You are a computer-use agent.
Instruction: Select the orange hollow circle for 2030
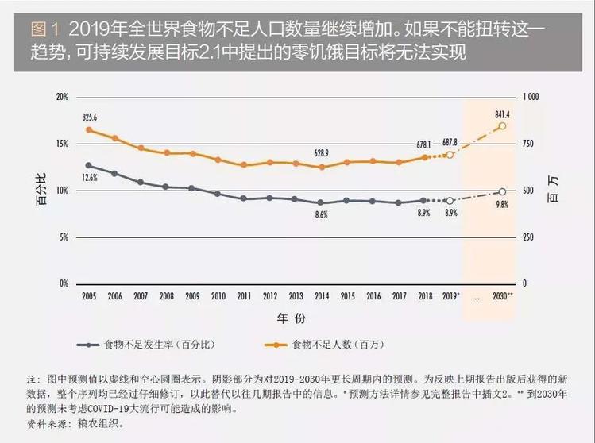pyautogui.click(x=502, y=126)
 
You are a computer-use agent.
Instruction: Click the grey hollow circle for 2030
pyautogui.click(x=502, y=192)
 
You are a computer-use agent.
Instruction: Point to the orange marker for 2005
pyautogui.click(x=89, y=129)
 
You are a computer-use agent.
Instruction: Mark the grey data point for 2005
pyautogui.click(x=89, y=165)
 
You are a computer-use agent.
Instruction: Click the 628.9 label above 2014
pyautogui.click(x=322, y=152)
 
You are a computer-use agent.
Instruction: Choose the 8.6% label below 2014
pyautogui.click(x=322, y=215)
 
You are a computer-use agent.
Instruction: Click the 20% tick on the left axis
pyautogui.click(x=61, y=96)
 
